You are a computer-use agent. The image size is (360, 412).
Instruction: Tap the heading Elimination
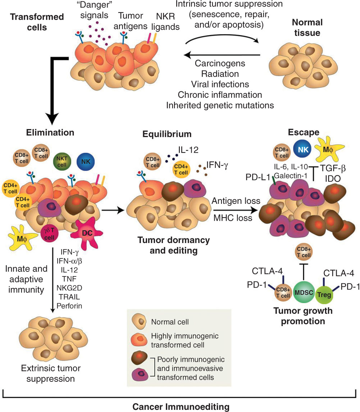[x=50, y=132]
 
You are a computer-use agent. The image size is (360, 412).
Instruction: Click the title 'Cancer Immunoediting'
[x=181, y=407]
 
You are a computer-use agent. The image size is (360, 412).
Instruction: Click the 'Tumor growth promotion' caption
[x=302, y=316]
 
